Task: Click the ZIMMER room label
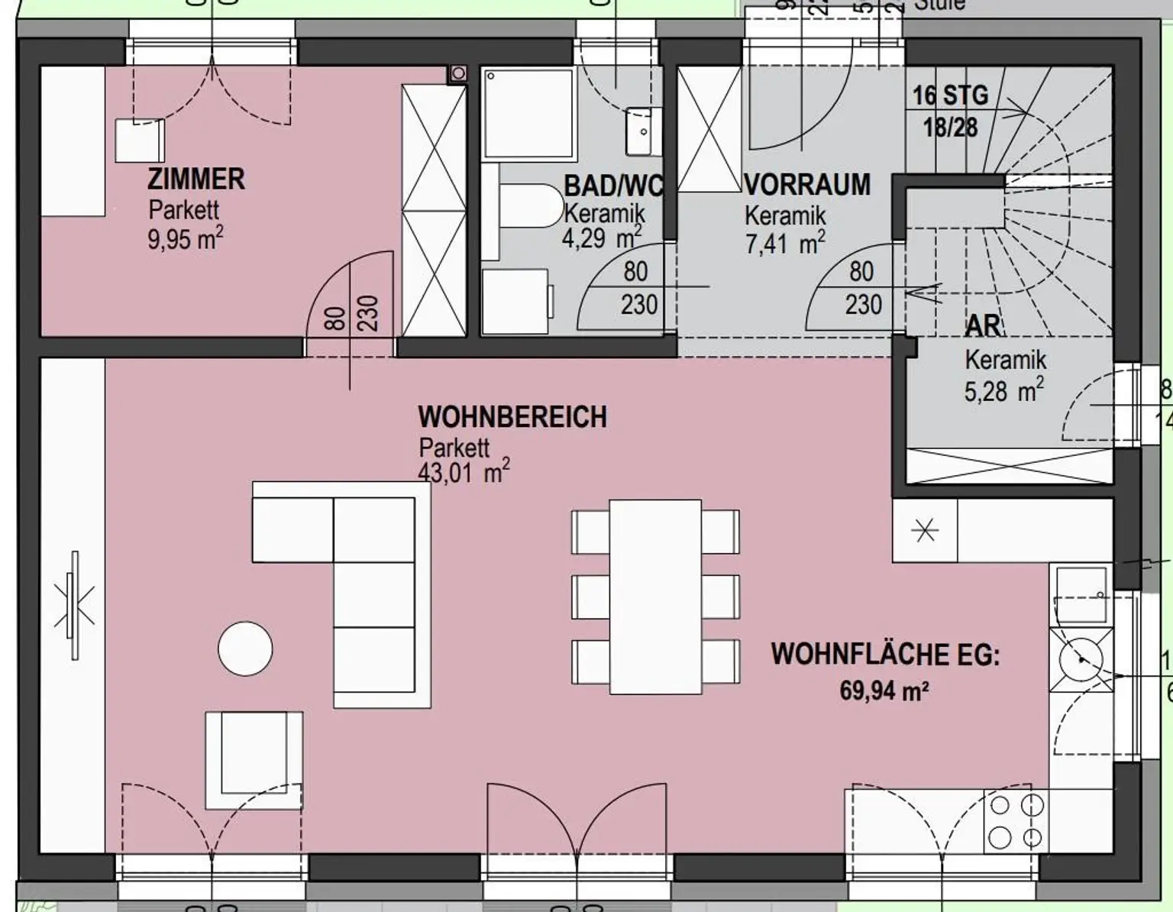pos(195,179)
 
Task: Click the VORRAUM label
pos(807,185)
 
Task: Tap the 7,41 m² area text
pos(784,244)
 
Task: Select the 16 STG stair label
pos(950,95)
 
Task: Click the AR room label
pos(982,326)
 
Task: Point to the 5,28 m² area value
pos(1003,391)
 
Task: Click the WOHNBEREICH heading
pos(512,417)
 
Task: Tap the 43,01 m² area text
pos(463,472)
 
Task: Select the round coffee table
pos(245,649)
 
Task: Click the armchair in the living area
pos(254,759)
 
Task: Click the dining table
pos(655,596)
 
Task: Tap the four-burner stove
pos(1016,821)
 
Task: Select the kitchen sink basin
pos(1081,594)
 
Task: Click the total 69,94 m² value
pos(884,690)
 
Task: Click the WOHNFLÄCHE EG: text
pos(884,655)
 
